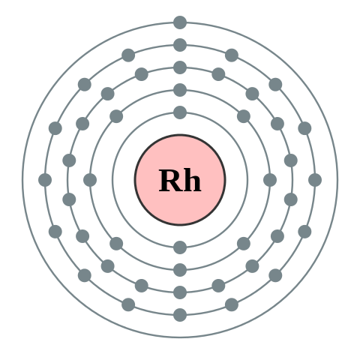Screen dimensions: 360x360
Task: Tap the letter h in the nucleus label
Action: [191, 181]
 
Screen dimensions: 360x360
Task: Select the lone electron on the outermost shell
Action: [180, 22]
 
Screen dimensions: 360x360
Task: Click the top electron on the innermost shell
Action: [180, 112]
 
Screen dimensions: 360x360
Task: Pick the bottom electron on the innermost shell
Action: [180, 247]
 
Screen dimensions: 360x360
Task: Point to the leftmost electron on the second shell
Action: [90, 180]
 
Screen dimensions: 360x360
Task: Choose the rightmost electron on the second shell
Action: [270, 180]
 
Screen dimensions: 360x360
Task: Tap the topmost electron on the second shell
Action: [180, 90]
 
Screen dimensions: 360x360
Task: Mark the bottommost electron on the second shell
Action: [180, 270]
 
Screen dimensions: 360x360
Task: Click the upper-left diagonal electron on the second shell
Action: [116, 116]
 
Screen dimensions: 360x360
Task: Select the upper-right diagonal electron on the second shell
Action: [244, 116]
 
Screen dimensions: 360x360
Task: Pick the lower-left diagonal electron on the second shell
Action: [116, 244]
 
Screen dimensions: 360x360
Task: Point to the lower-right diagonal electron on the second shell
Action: [244, 244]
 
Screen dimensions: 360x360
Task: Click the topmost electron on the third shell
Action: [180, 67]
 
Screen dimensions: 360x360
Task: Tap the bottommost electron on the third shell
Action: [180, 292]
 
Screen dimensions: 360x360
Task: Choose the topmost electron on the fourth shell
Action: [180, 45]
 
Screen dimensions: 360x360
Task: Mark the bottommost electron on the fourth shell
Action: [180, 315]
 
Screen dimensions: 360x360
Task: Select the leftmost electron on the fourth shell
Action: [45, 180]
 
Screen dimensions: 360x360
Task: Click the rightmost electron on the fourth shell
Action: [315, 180]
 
